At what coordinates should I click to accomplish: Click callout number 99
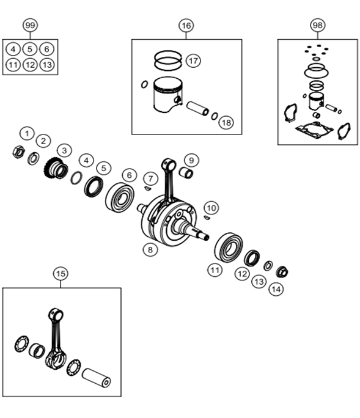(30, 25)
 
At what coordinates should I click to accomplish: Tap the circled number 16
(186, 26)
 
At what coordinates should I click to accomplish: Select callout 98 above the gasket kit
(318, 25)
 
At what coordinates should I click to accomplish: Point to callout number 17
(193, 61)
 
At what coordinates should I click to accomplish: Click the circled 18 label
(226, 123)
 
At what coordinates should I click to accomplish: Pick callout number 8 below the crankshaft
(150, 250)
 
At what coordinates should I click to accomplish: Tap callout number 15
(61, 274)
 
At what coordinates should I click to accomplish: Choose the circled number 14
(276, 289)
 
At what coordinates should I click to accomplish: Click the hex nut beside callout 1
(19, 152)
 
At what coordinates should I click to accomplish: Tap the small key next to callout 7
(147, 188)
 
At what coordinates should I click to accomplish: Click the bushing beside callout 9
(186, 172)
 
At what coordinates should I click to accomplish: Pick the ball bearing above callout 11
(229, 248)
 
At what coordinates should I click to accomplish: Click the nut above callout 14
(282, 272)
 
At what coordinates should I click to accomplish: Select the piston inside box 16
(168, 95)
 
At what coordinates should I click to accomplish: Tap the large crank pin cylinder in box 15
(97, 378)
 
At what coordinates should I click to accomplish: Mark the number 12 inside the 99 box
(30, 65)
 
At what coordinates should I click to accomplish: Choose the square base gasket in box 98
(314, 130)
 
